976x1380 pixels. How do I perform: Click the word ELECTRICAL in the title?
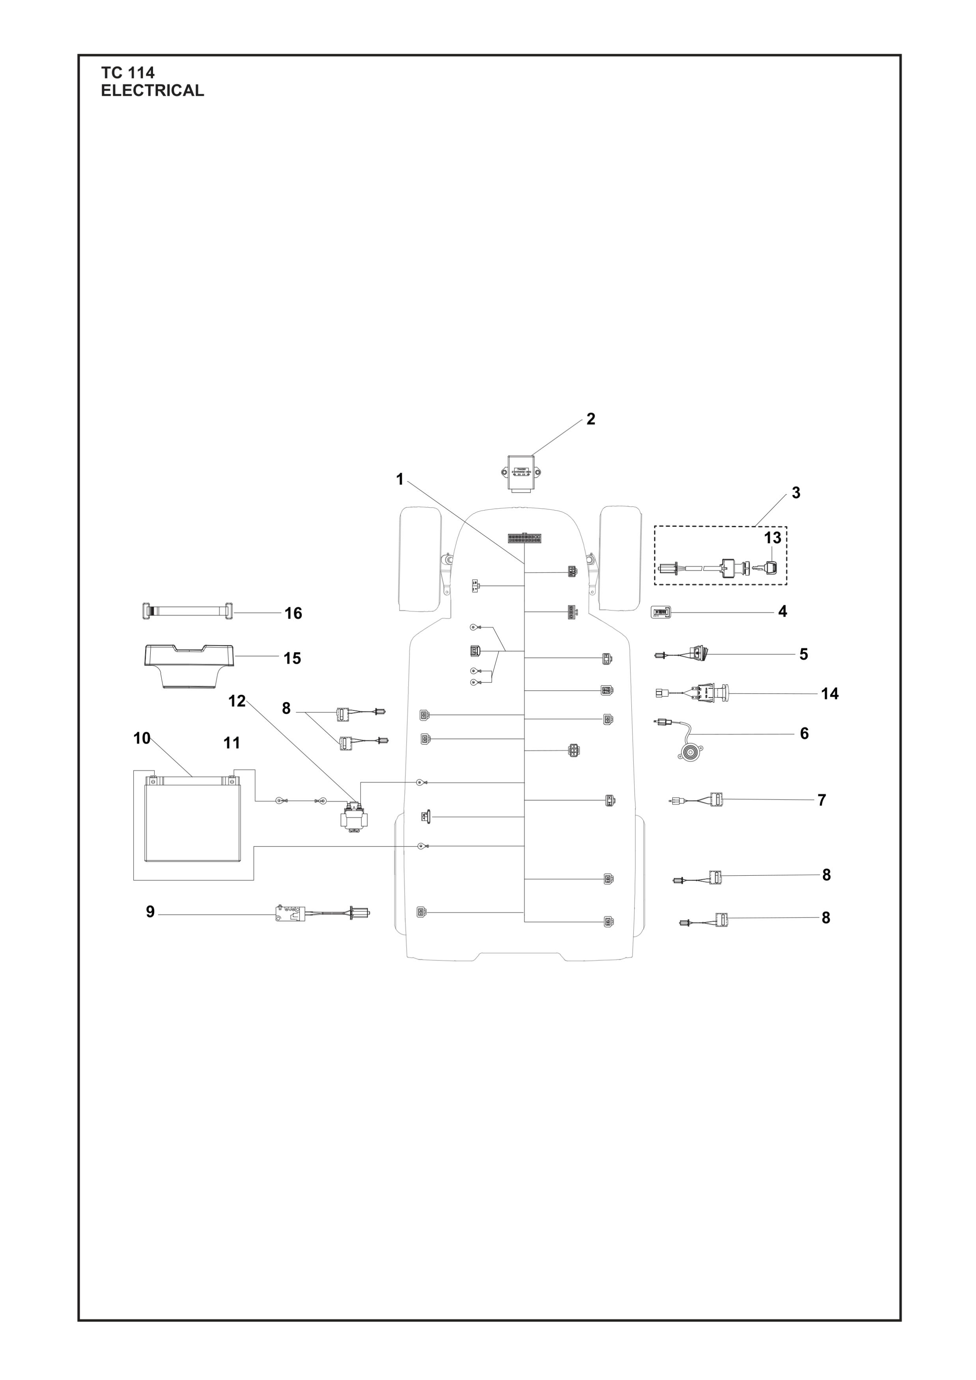152,91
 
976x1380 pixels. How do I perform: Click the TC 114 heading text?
127,73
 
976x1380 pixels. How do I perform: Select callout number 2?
590,420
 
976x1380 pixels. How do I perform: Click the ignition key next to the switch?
771,567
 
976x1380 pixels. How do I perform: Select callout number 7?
821,800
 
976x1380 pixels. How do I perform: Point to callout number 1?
399,479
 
